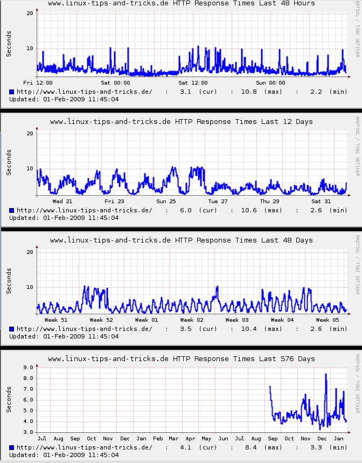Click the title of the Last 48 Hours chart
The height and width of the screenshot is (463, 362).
pos(182,4)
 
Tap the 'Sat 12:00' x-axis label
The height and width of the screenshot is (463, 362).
pos(193,82)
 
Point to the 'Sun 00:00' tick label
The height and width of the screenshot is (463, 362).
pos(270,82)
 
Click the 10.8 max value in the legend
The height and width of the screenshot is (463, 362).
pos(248,92)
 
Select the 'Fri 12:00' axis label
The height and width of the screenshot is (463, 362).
pos(38,82)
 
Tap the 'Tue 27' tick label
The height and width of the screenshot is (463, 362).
pos(218,201)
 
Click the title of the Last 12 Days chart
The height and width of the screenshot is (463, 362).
pos(182,122)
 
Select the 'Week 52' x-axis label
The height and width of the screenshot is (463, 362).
pos(102,320)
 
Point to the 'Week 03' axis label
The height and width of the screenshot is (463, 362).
pos(237,320)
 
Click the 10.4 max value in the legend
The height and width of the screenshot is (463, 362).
pos(248,329)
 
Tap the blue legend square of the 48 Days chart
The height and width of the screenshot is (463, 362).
pos(12,329)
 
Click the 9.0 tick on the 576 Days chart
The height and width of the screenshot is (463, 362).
pos(27,367)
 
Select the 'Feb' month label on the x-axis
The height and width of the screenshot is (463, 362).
pos(158,438)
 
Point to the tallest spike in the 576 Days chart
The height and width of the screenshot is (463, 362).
pos(325,375)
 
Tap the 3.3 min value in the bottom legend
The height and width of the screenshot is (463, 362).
pos(317,447)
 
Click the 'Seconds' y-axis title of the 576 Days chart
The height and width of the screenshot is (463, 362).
pos(9,399)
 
